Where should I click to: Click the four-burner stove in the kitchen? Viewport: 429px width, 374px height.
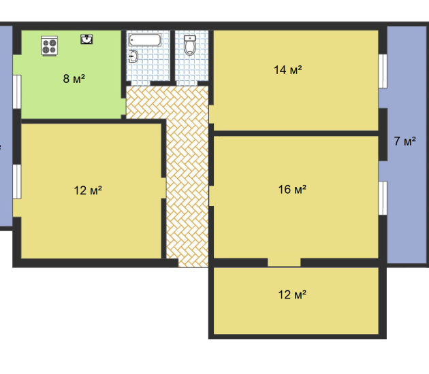(50, 46)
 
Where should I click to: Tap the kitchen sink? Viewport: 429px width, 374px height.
(86, 39)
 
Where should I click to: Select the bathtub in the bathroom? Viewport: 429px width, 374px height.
(145, 40)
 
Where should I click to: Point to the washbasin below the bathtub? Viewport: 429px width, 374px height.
(133, 56)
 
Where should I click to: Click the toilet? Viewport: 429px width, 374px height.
(190, 45)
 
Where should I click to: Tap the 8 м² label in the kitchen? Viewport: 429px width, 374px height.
(74, 79)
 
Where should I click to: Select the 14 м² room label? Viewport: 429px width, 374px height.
(288, 70)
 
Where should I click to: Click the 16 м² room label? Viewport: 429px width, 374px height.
(292, 189)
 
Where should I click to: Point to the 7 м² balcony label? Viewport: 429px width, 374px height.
(405, 141)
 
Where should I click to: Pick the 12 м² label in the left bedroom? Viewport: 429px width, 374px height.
(88, 190)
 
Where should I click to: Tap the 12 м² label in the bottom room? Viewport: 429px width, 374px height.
(292, 294)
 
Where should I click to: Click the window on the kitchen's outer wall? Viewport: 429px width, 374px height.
(17, 92)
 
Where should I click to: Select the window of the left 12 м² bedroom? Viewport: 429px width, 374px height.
(17, 182)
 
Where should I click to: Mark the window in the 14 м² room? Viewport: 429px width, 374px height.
(383, 71)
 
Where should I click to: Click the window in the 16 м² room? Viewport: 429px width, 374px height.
(383, 198)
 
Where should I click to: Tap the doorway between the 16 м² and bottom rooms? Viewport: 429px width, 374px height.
(284, 262)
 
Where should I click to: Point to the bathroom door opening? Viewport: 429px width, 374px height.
(141, 84)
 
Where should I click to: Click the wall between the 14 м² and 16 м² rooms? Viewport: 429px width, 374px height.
(296, 133)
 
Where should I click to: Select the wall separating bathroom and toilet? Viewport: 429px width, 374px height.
(173, 56)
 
